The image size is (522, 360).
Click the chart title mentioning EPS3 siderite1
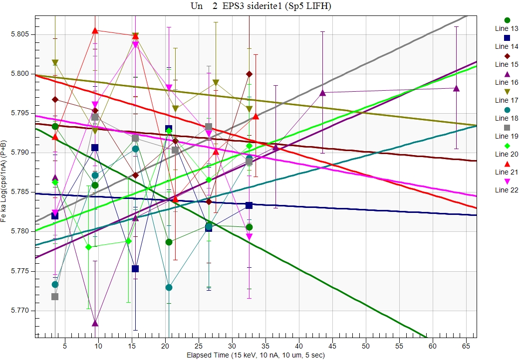pos(261,6)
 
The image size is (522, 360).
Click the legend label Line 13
pos(507,28)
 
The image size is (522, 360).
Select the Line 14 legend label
pos(507,46)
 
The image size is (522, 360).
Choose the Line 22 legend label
pos(507,190)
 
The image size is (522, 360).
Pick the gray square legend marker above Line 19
pos(507,128)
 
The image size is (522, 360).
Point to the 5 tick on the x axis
pos(65,346)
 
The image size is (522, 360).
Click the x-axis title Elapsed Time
pos(256,355)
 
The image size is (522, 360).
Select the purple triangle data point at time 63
pos(456,88)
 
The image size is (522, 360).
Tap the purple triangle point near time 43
pos(323,93)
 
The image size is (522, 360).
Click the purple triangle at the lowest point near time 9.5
pos(95,323)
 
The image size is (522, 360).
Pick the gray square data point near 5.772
pos(55,297)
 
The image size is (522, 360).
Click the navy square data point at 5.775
pos(135,269)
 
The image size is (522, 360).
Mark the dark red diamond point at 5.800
pos(249,74)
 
